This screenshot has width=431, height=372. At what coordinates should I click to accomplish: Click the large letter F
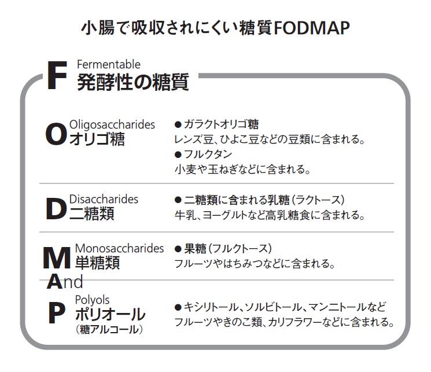click(57, 75)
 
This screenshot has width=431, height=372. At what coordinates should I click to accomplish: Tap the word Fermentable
click(109, 65)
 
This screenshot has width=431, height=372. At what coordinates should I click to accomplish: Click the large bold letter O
click(56, 134)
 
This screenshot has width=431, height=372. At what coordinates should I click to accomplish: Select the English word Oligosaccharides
click(112, 125)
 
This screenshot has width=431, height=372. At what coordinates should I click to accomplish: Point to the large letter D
click(56, 209)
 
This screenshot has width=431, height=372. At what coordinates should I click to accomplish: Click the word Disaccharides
click(104, 199)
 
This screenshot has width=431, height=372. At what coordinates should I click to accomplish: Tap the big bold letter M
click(57, 258)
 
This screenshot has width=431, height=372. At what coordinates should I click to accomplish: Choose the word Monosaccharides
click(119, 248)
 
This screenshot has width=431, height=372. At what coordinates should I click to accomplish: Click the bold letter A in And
click(54, 282)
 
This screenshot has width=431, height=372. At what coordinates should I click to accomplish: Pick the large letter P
click(57, 313)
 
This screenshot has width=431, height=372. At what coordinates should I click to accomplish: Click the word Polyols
click(92, 300)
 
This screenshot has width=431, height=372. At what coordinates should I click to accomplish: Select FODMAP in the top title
click(312, 28)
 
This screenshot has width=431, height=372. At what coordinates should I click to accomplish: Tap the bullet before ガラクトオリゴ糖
click(178, 125)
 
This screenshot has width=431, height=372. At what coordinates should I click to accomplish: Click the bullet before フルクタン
click(178, 154)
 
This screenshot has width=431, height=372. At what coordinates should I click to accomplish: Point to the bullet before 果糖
click(178, 249)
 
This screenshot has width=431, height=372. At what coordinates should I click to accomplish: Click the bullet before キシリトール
click(178, 307)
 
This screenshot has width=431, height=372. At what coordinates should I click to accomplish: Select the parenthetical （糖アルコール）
click(109, 329)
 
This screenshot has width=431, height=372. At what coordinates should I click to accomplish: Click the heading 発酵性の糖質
click(133, 82)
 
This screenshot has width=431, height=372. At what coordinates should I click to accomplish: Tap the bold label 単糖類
click(97, 262)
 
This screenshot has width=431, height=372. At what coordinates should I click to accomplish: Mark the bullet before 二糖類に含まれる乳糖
click(178, 200)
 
